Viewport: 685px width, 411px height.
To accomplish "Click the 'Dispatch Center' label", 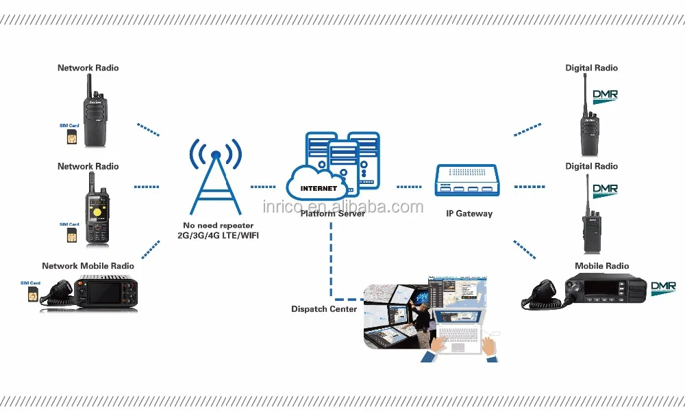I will click(x=324, y=309).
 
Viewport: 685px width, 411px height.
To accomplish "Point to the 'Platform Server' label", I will click(x=332, y=214).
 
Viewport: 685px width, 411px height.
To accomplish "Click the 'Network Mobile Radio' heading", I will click(x=88, y=266).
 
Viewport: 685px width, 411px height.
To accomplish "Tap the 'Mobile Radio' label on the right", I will click(x=601, y=266).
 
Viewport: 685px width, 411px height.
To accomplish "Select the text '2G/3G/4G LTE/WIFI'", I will click(x=219, y=236).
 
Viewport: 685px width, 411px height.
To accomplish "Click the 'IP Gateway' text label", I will click(x=469, y=214).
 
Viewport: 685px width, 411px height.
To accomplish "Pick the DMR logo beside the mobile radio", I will click(x=662, y=287).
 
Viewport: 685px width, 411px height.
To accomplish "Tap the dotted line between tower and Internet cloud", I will click(x=263, y=186).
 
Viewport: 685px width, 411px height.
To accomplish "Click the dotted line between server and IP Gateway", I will click(x=409, y=186).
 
